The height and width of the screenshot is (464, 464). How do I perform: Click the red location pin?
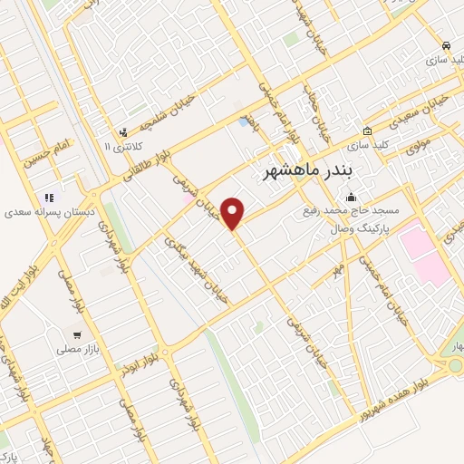(234, 213)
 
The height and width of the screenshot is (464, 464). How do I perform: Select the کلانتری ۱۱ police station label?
(123, 146)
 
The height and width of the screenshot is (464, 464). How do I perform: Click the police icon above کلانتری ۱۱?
(124, 131)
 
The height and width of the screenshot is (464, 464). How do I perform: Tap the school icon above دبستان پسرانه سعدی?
(49, 197)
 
